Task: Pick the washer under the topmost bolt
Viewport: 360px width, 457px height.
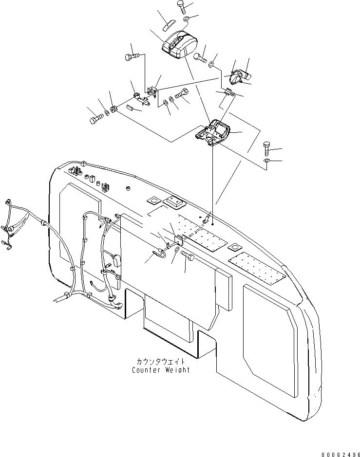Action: [x=188, y=19]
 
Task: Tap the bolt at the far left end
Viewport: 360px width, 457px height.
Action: [x=95, y=118]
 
